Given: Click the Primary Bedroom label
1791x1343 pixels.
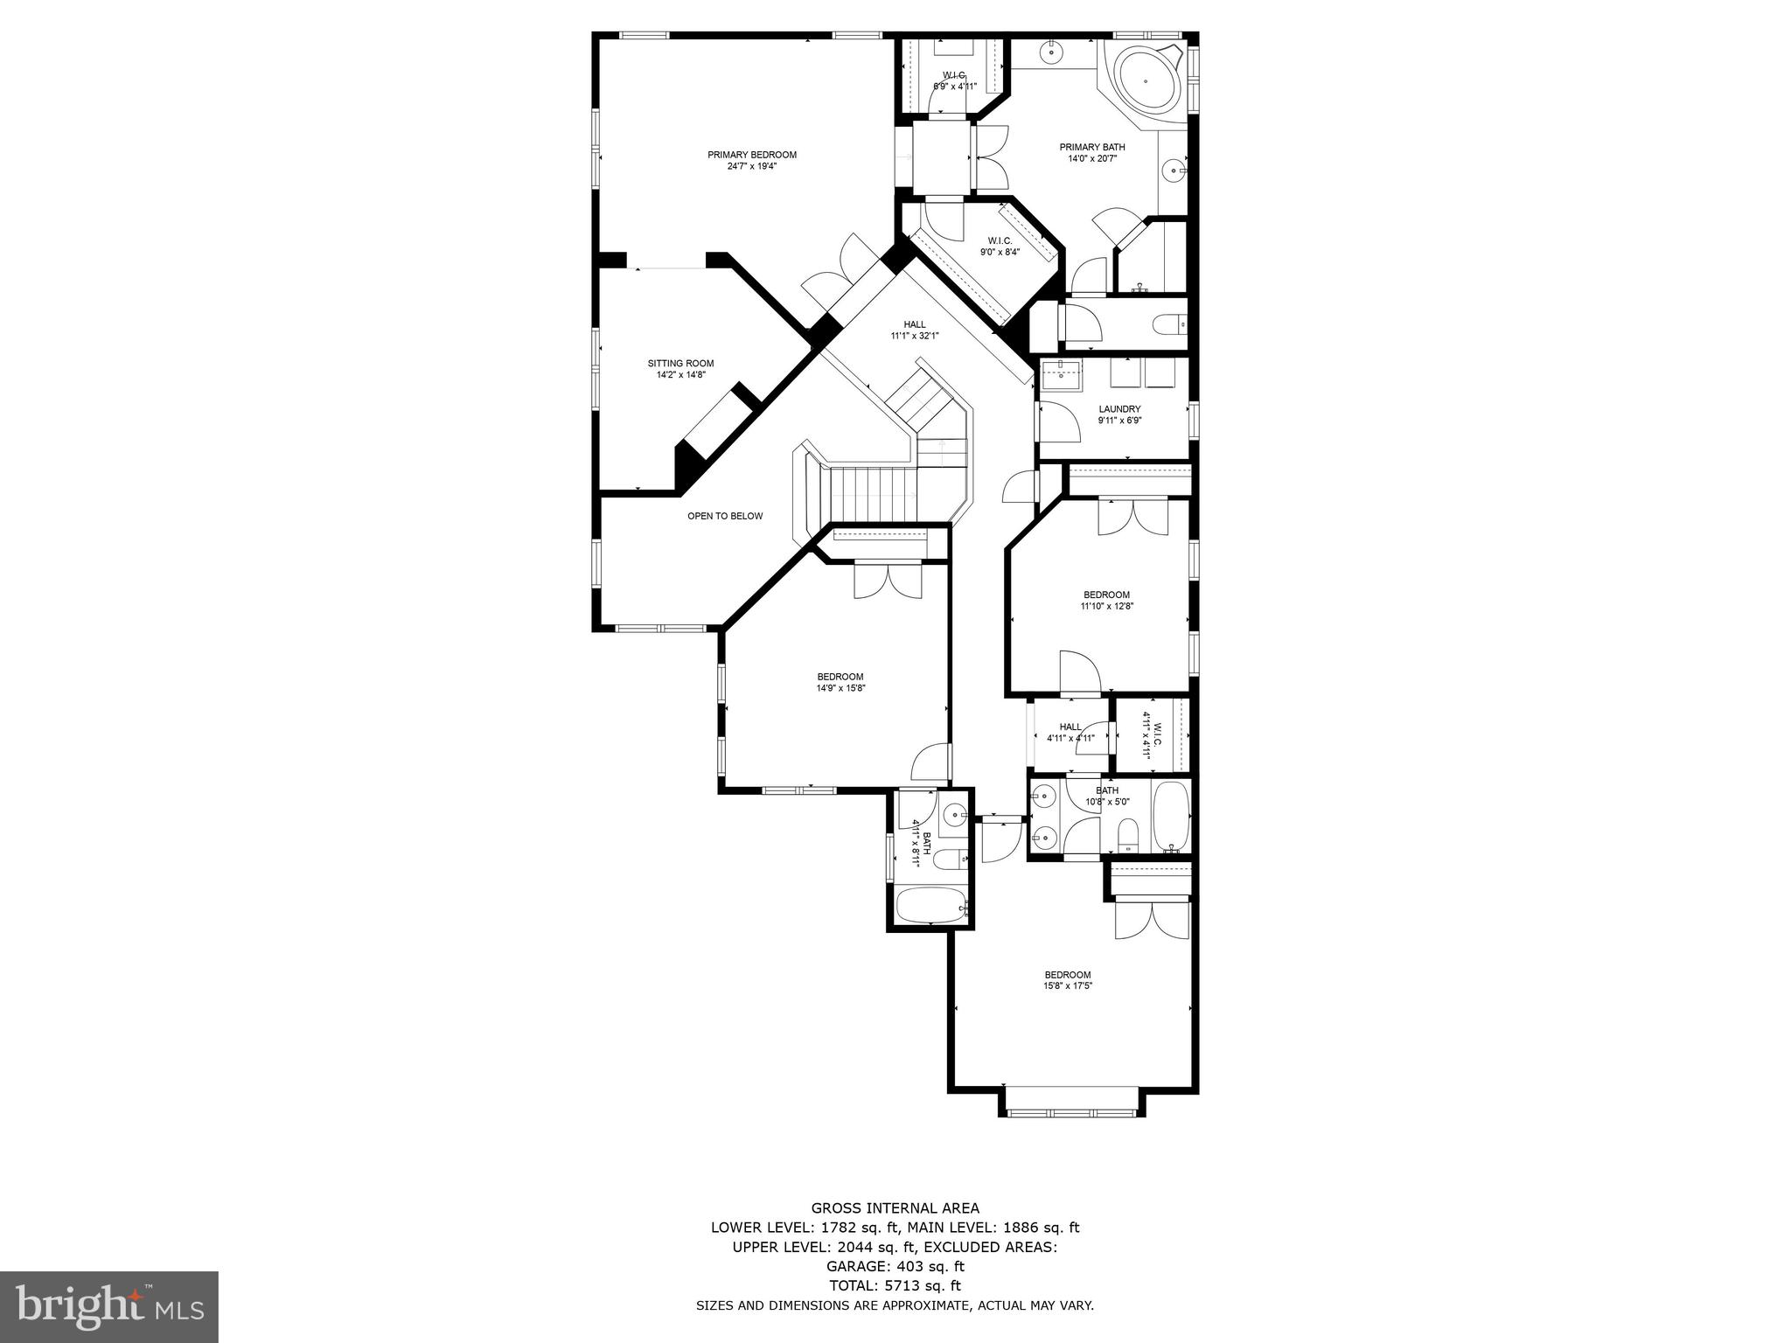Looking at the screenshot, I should [752, 155].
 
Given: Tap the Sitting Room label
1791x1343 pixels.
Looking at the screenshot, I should [680, 364].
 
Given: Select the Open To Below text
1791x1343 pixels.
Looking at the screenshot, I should [725, 516].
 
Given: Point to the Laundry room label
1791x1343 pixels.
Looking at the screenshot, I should [1119, 409].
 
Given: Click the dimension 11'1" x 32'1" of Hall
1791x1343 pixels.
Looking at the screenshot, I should [914, 336].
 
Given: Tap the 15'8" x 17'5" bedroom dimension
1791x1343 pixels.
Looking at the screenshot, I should [1068, 985].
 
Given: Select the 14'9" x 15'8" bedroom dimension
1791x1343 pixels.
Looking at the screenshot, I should [840, 687].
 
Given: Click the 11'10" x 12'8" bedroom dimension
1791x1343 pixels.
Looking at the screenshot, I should [1106, 606].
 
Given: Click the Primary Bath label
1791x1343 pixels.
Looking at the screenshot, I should [1092, 147].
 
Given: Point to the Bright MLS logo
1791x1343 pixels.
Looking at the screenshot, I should [109, 1307].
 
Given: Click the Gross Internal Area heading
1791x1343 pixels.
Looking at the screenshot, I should [895, 1208].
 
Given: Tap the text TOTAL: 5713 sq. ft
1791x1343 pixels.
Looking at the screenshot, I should [895, 1285].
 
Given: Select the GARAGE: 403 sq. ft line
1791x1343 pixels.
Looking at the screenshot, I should [895, 1266].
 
